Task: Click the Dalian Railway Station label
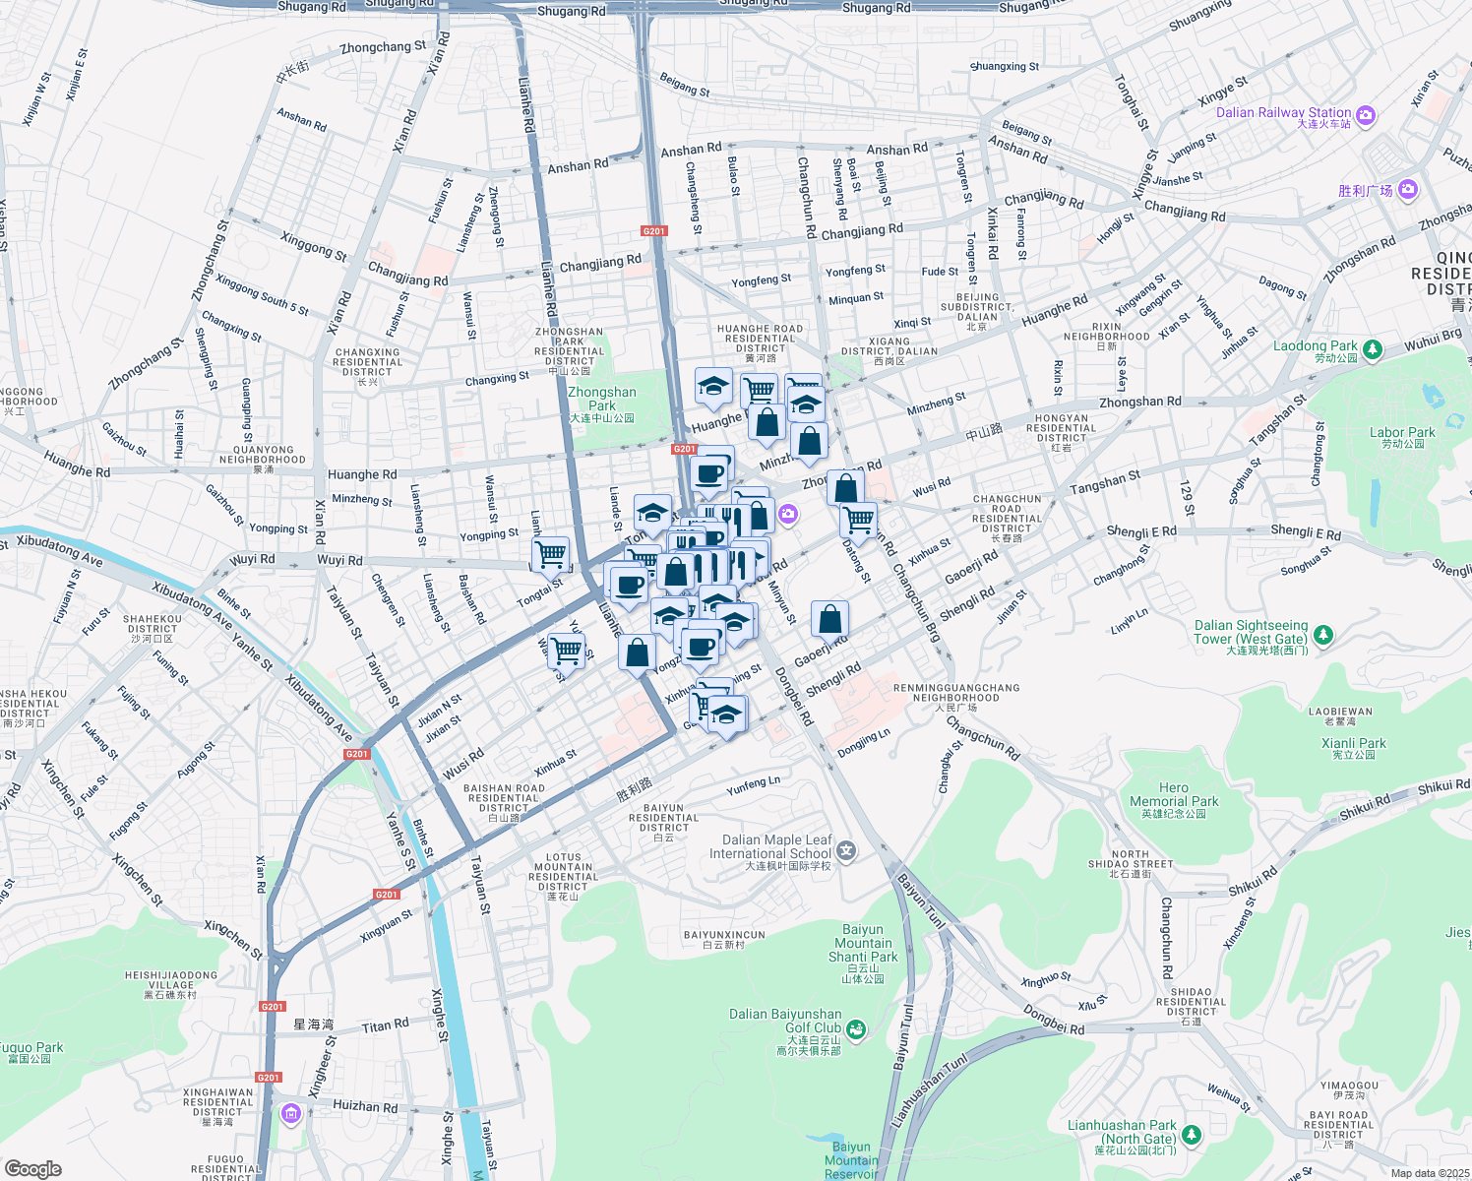click(x=1283, y=113)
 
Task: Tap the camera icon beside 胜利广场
click(x=1407, y=189)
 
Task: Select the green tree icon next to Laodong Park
click(x=1372, y=348)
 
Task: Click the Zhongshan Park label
click(x=601, y=399)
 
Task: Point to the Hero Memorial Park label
click(x=1173, y=795)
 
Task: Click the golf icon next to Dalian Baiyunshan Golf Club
click(x=857, y=1029)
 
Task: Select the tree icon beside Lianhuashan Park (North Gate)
click(x=1192, y=1135)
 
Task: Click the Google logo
click(x=32, y=1168)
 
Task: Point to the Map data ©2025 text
click(x=1430, y=1173)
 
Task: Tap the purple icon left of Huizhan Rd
click(x=290, y=1113)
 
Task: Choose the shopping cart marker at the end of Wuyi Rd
click(x=551, y=554)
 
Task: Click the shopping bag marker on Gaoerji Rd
click(x=829, y=619)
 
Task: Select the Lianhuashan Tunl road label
click(x=929, y=1092)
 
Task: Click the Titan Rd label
click(x=385, y=1026)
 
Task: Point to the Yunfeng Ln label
click(x=753, y=785)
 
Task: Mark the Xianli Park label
click(x=1353, y=744)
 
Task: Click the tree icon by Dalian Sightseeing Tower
click(x=1323, y=635)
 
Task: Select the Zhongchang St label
click(x=383, y=46)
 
